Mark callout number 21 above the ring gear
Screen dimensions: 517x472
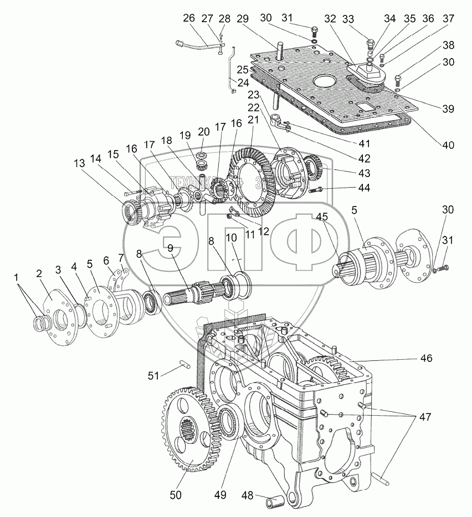pyautogui.click(x=253, y=120)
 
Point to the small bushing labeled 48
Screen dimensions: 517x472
pyautogui.click(x=276, y=503)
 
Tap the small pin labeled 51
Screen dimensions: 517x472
pyautogui.click(x=184, y=364)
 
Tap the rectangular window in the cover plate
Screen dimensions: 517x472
pyautogui.click(x=367, y=106)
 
